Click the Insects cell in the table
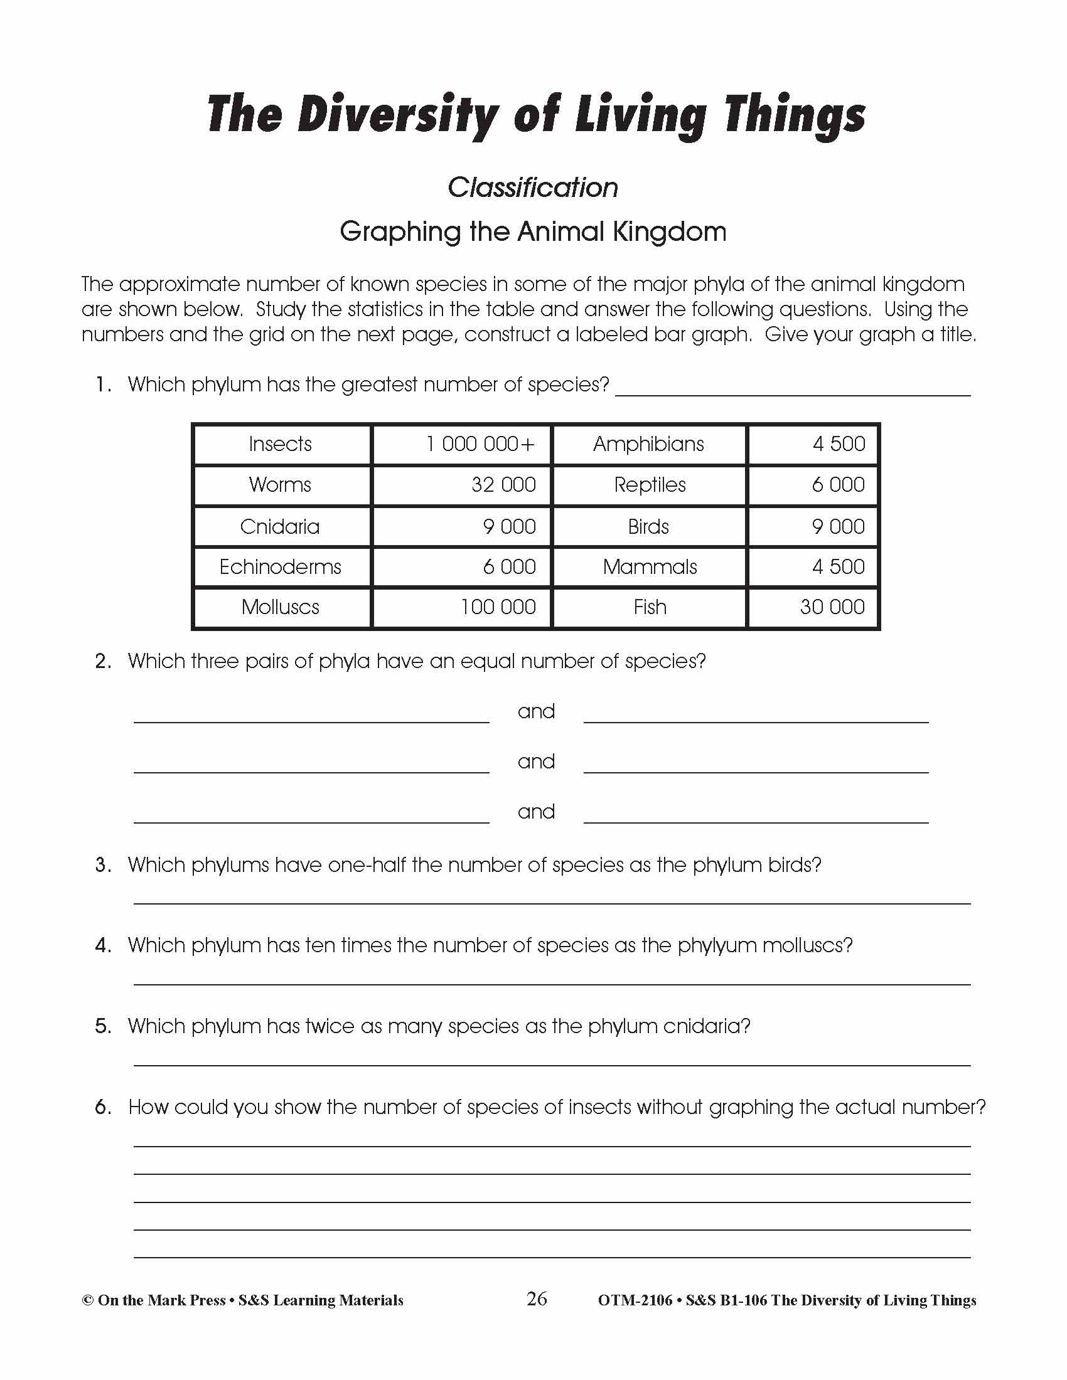pyautogui.click(x=280, y=444)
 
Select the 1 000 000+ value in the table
pyautogui.click(x=480, y=444)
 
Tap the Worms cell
pyautogui.click(x=280, y=485)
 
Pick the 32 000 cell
pyautogui.click(x=503, y=485)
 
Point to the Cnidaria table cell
pyautogui.click(x=280, y=526)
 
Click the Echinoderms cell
pyautogui.click(x=280, y=567)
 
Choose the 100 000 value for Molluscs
pyautogui.click(x=498, y=607)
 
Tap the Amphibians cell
pyautogui.click(x=648, y=444)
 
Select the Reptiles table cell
pyautogui.click(x=650, y=485)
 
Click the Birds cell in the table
pyautogui.click(x=648, y=526)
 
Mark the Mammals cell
pyautogui.click(x=650, y=567)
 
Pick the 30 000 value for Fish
pyautogui.click(x=832, y=607)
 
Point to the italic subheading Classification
pyautogui.click(x=533, y=188)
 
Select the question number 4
pyautogui.click(x=103, y=945)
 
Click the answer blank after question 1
pyautogui.click(x=793, y=386)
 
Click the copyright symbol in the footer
pyautogui.click(x=88, y=1301)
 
